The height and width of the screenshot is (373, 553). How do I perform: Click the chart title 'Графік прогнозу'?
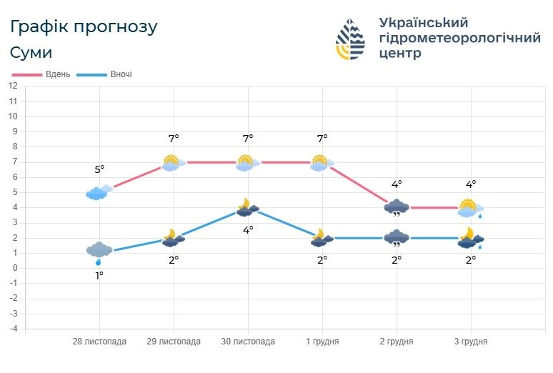click(84, 27)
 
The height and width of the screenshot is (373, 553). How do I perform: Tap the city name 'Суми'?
click(31, 53)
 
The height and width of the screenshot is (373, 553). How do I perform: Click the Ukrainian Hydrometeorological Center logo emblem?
click(350, 39)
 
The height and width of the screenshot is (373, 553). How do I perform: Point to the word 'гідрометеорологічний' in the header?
click(459, 38)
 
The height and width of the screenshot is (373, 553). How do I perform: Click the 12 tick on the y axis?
click(13, 86)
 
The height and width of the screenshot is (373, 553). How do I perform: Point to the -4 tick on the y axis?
click(13, 329)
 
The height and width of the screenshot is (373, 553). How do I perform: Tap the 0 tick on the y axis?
click(14, 268)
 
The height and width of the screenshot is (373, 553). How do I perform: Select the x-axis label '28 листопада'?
click(99, 342)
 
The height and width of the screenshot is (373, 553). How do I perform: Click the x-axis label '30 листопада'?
click(248, 342)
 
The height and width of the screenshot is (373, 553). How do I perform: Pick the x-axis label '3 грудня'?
click(470, 342)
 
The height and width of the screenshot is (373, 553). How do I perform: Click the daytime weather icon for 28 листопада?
click(99, 192)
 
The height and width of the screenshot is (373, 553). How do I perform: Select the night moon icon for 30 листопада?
click(247, 207)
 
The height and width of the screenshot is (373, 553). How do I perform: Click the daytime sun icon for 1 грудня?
click(322, 163)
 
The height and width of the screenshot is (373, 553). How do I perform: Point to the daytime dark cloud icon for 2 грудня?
click(396, 208)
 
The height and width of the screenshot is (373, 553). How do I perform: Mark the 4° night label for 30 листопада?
click(248, 229)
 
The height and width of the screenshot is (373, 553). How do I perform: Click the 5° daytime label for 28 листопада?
click(99, 169)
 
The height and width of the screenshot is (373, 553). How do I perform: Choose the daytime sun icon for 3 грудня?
click(470, 208)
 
